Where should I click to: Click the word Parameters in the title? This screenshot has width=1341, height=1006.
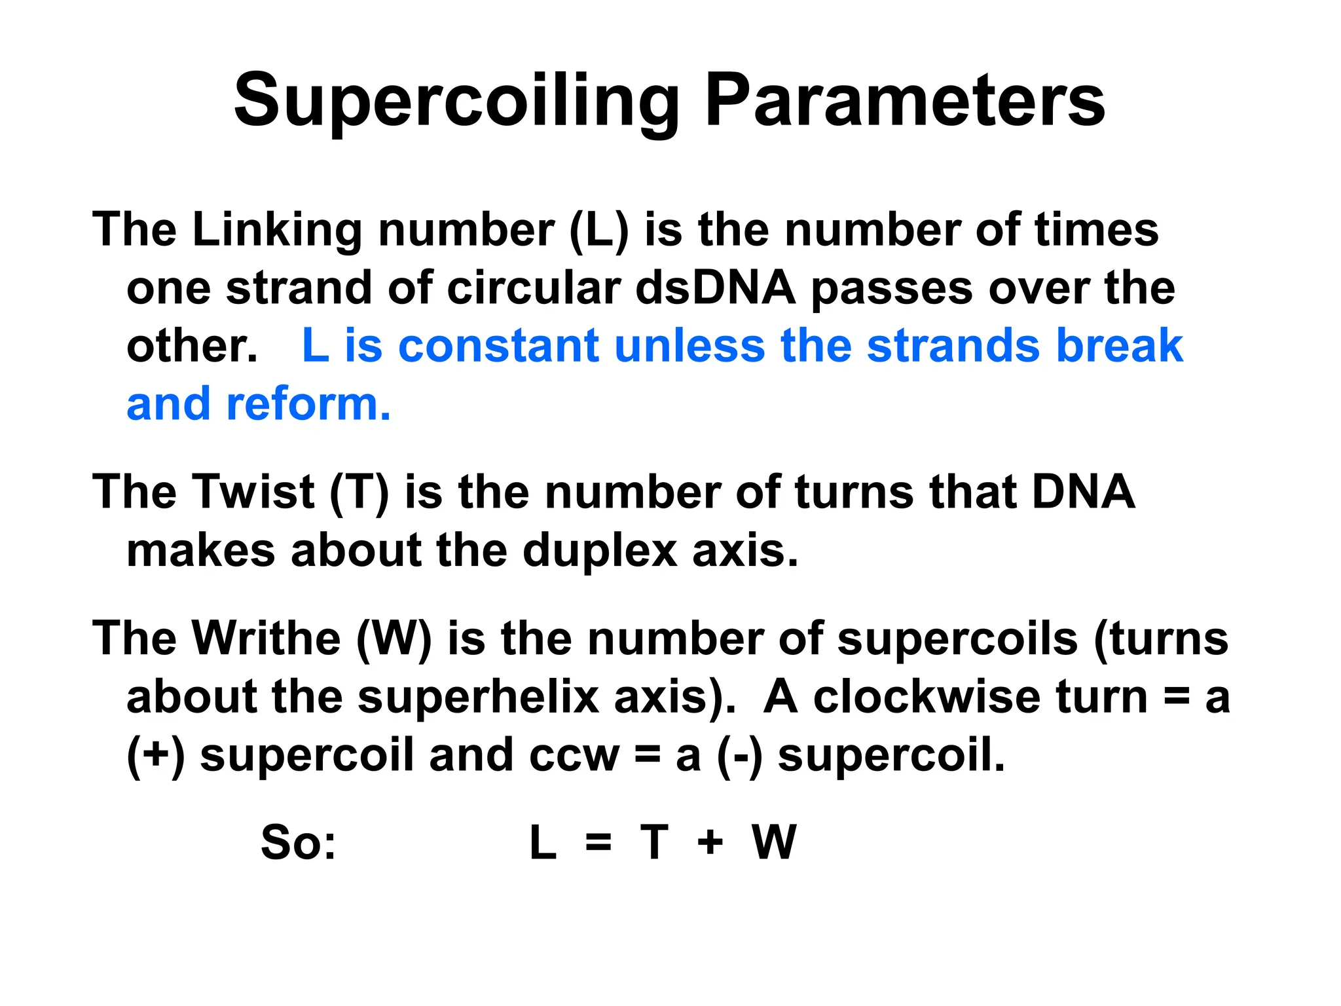[905, 102]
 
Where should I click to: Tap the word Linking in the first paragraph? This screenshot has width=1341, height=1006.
[276, 230]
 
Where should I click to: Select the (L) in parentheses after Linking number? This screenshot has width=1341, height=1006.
[599, 230]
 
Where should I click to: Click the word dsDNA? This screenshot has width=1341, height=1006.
[715, 288]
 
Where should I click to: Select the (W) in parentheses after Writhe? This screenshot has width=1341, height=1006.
[394, 638]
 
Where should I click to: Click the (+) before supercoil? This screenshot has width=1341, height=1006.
[156, 754]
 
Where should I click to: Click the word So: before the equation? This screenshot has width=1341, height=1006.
[298, 842]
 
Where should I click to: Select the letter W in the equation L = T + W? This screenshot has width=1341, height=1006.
[774, 842]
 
